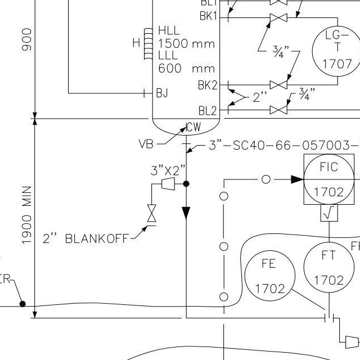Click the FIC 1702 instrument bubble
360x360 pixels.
(x=328, y=179)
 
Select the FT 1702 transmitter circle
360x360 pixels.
(x=328, y=268)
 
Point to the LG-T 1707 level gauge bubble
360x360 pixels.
(x=337, y=50)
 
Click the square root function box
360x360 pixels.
(x=328, y=214)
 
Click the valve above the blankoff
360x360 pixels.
(x=151, y=213)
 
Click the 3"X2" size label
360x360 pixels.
(x=168, y=170)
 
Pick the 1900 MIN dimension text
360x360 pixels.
(x=26, y=215)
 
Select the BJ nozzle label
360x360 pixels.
(x=162, y=93)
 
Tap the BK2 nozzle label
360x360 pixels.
(x=207, y=85)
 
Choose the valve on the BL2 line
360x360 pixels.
(x=278, y=110)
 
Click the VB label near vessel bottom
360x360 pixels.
(x=146, y=144)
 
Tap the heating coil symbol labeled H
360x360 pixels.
(x=148, y=43)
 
